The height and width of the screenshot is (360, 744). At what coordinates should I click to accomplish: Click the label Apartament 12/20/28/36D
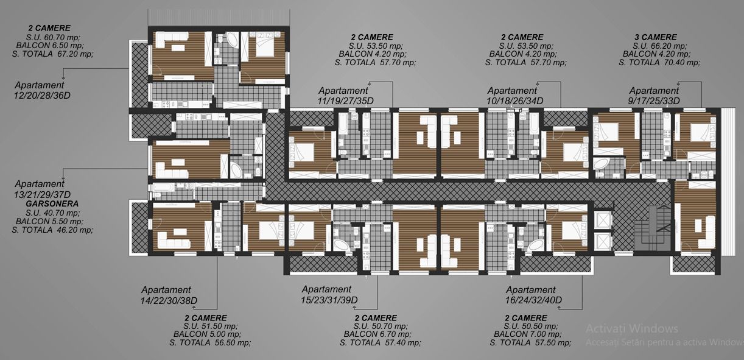(42, 90)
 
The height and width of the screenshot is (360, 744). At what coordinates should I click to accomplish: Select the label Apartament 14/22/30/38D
(169, 295)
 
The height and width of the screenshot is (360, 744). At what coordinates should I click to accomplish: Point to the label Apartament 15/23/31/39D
(329, 294)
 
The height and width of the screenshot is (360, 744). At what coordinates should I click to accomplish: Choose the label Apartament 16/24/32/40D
(533, 295)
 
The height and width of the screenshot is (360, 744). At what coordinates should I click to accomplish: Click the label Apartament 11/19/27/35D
(346, 96)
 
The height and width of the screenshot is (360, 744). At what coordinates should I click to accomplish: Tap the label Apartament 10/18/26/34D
(515, 96)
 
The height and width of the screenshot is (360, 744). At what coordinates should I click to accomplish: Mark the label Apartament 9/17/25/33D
(654, 96)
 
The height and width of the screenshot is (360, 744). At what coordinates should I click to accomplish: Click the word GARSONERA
(52, 204)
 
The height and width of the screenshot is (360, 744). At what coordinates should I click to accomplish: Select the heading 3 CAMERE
(656, 37)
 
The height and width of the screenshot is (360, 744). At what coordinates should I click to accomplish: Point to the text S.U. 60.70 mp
(53, 37)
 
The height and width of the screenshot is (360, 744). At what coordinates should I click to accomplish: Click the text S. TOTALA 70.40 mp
(659, 63)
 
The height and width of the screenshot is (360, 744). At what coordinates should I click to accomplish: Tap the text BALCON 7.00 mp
(528, 334)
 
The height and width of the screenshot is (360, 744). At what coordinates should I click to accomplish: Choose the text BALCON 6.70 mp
(377, 334)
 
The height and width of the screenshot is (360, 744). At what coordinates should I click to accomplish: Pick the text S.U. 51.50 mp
(211, 326)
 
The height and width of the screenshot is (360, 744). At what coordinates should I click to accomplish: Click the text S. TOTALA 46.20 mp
(52, 230)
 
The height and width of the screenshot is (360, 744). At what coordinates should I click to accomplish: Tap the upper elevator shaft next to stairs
(603, 219)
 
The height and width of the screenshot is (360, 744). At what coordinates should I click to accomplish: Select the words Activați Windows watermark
(632, 328)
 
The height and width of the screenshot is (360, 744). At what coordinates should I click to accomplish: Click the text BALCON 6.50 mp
(50, 45)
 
